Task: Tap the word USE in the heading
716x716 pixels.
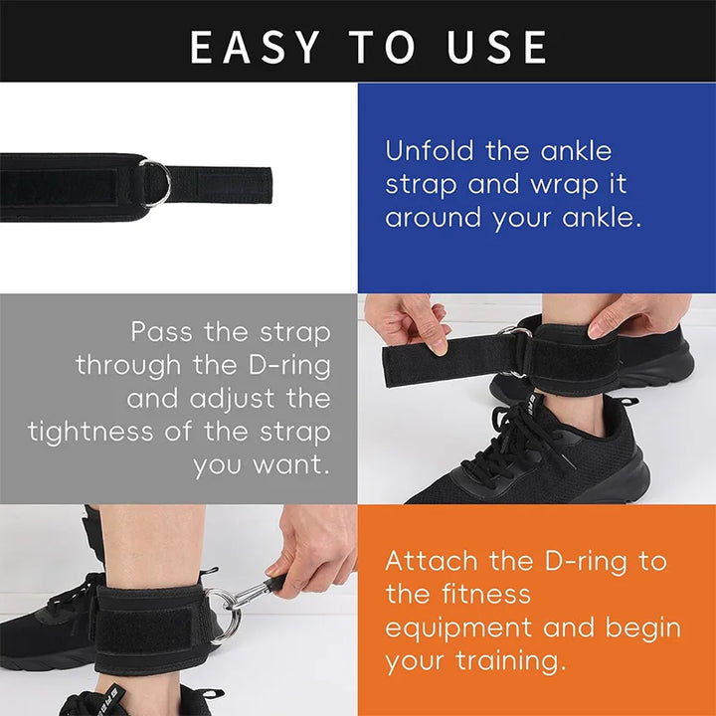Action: pos(494,47)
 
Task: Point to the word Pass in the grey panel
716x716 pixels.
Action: pos(163,331)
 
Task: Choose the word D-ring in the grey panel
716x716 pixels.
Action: pos(281,364)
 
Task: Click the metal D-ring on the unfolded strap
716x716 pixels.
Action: pos(155,184)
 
